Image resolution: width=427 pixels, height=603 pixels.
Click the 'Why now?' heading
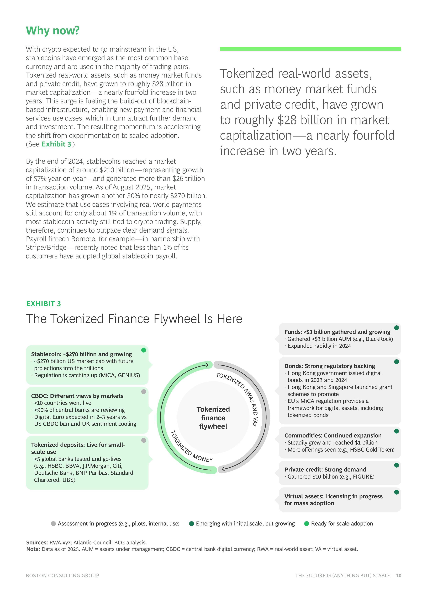[x=53, y=31]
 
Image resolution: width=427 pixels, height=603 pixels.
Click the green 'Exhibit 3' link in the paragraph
[x=56, y=144]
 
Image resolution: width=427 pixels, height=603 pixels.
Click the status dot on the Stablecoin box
[x=144, y=350]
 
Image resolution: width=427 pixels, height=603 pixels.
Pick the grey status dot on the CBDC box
[x=144, y=392]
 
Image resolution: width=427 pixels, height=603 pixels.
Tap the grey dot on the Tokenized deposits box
[x=144, y=440]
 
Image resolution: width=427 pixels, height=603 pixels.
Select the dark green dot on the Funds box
[x=397, y=328]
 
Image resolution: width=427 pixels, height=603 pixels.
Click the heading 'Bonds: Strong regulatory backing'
[x=330, y=366]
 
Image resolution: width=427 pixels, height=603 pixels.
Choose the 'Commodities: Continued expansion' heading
[x=333, y=435]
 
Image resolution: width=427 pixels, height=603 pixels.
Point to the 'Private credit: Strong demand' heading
[x=325, y=470]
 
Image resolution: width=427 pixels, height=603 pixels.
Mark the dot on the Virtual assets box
[x=397, y=492]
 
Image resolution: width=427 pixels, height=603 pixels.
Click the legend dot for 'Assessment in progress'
[x=53, y=524]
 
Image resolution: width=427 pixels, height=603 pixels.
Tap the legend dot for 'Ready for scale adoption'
[x=306, y=524]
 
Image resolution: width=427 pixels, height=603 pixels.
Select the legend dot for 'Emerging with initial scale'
[x=191, y=524]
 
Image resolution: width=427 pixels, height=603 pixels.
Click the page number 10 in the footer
[x=399, y=576]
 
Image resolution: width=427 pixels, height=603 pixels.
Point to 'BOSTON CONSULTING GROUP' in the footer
[x=63, y=576]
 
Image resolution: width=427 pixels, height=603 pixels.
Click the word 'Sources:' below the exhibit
[x=37, y=543]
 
